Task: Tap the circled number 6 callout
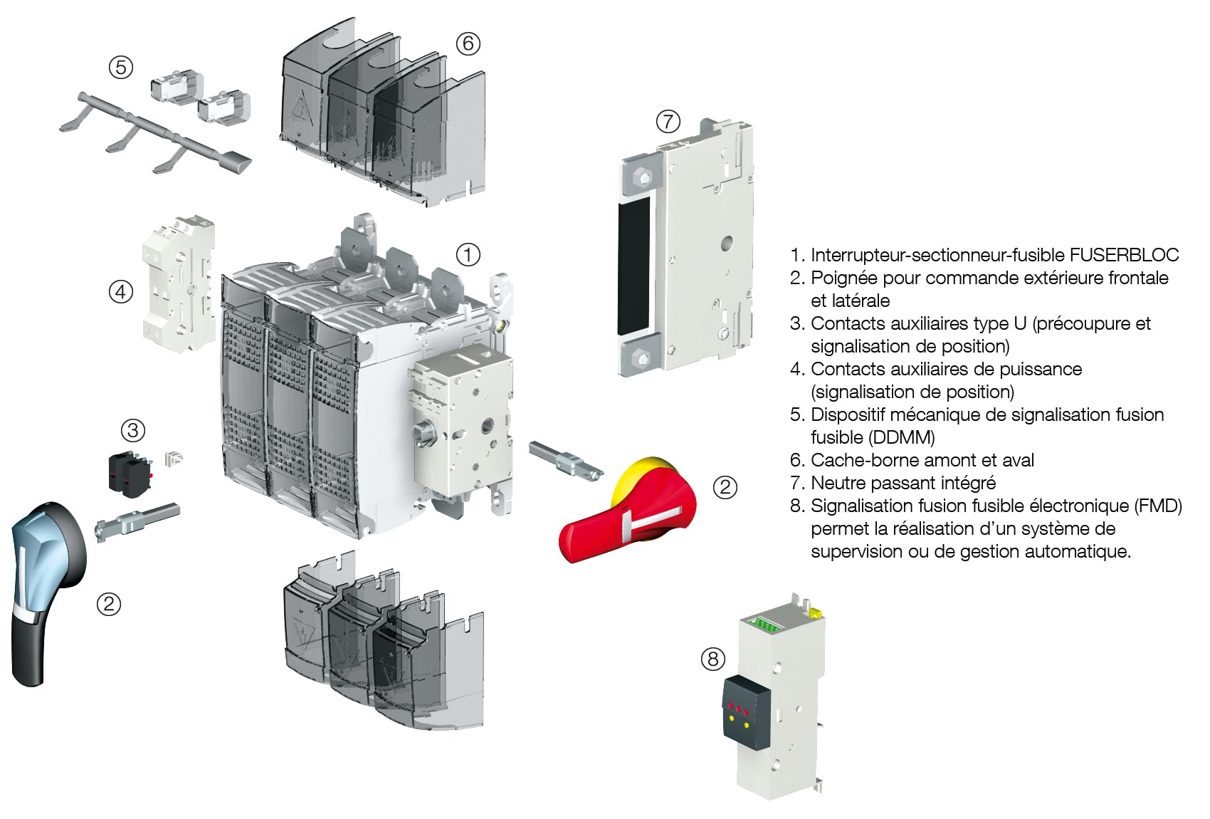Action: click(468, 43)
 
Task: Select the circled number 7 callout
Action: click(668, 121)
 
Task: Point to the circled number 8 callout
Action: click(713, 659)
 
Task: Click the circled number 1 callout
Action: click(468, 254)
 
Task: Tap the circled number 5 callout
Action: click(121, 67)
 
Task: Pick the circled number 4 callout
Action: click(121, 291)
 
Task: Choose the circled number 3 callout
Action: click(133, 430)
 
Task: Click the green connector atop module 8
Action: click(768, 625)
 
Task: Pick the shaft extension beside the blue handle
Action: click(137, 523)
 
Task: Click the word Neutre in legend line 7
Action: click(841, 483)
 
